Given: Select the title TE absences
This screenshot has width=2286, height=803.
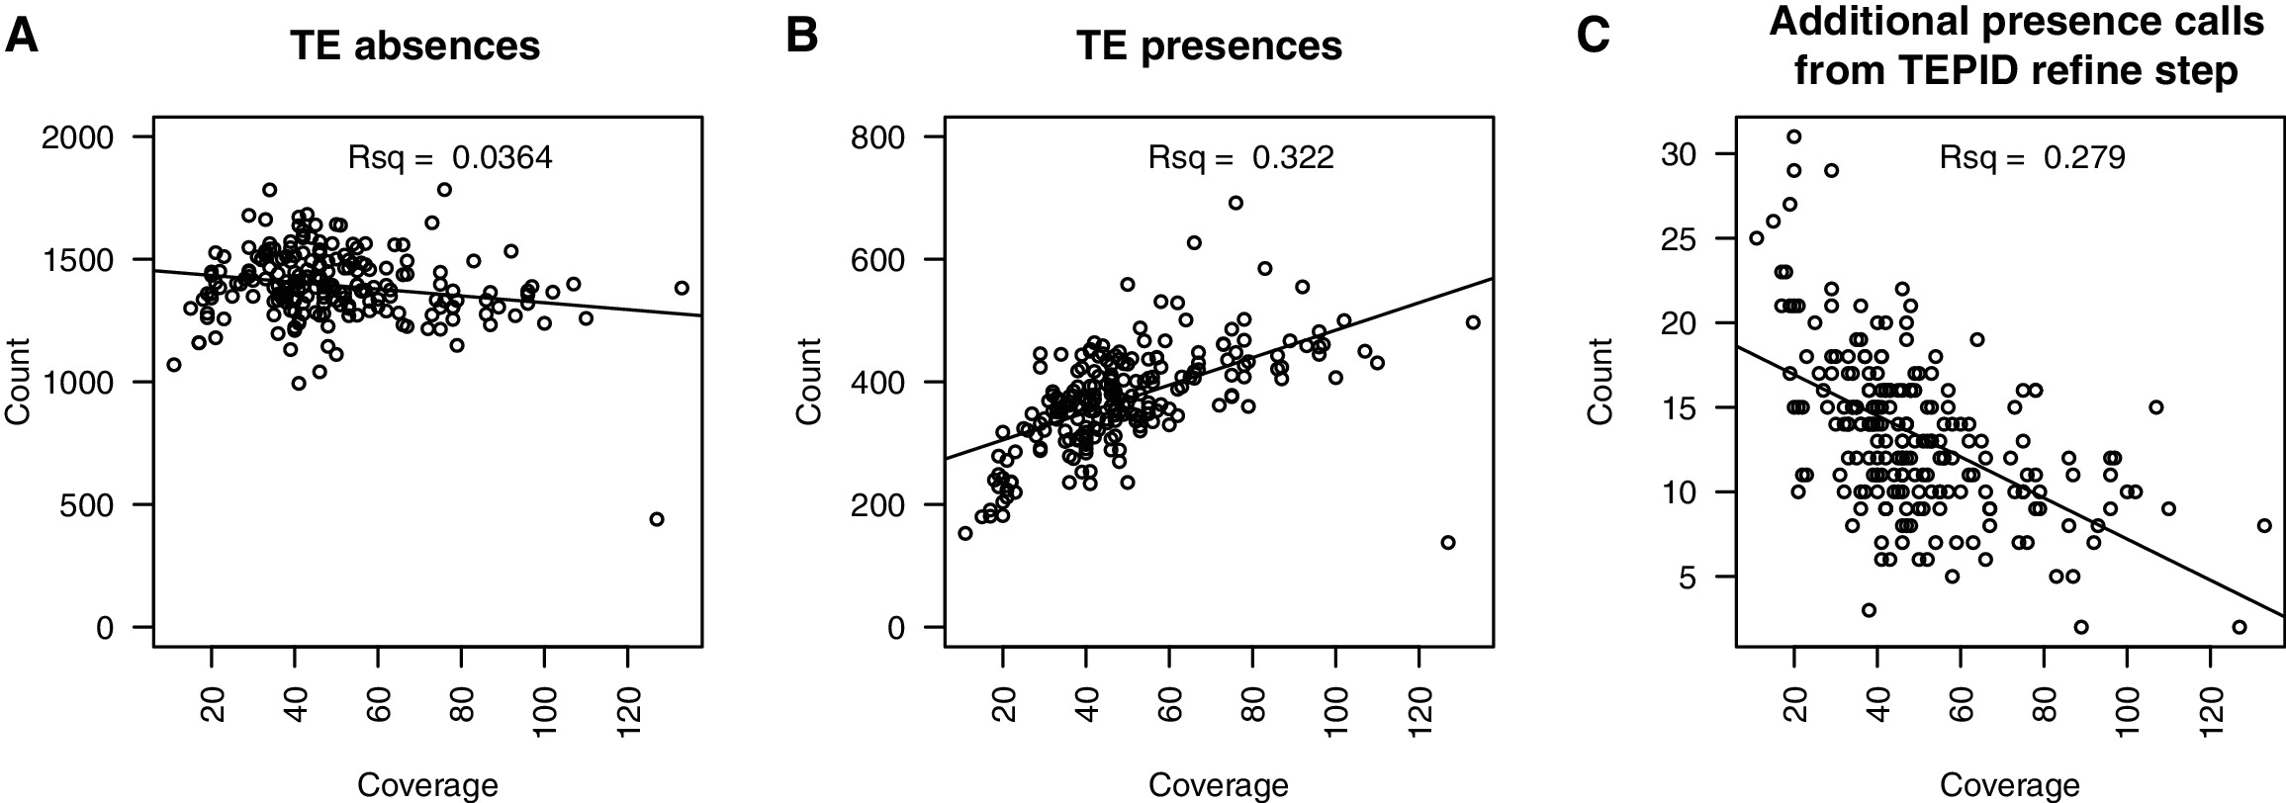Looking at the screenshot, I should tap(414, 46).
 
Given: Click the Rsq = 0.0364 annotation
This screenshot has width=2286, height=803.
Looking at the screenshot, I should tap(450, 157).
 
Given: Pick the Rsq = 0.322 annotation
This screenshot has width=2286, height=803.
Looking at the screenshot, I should tap(1240, 157).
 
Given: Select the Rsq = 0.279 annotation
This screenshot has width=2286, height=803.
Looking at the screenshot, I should tap(2032, 157).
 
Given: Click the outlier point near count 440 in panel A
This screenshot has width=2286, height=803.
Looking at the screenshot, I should tap(657, 519).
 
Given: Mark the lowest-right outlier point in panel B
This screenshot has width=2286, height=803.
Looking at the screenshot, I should tap(1448, 543).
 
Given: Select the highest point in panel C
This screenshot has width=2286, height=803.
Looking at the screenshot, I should tap(1793, 136).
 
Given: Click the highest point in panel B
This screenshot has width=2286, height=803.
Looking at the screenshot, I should tap(1235, 203).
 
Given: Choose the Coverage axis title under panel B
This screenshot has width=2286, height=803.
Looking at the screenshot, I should tap(1219, 786).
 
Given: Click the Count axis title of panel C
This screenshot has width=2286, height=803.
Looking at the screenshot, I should tap(1601, 382).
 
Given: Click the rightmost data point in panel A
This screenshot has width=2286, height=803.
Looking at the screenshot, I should tap(682, 288).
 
